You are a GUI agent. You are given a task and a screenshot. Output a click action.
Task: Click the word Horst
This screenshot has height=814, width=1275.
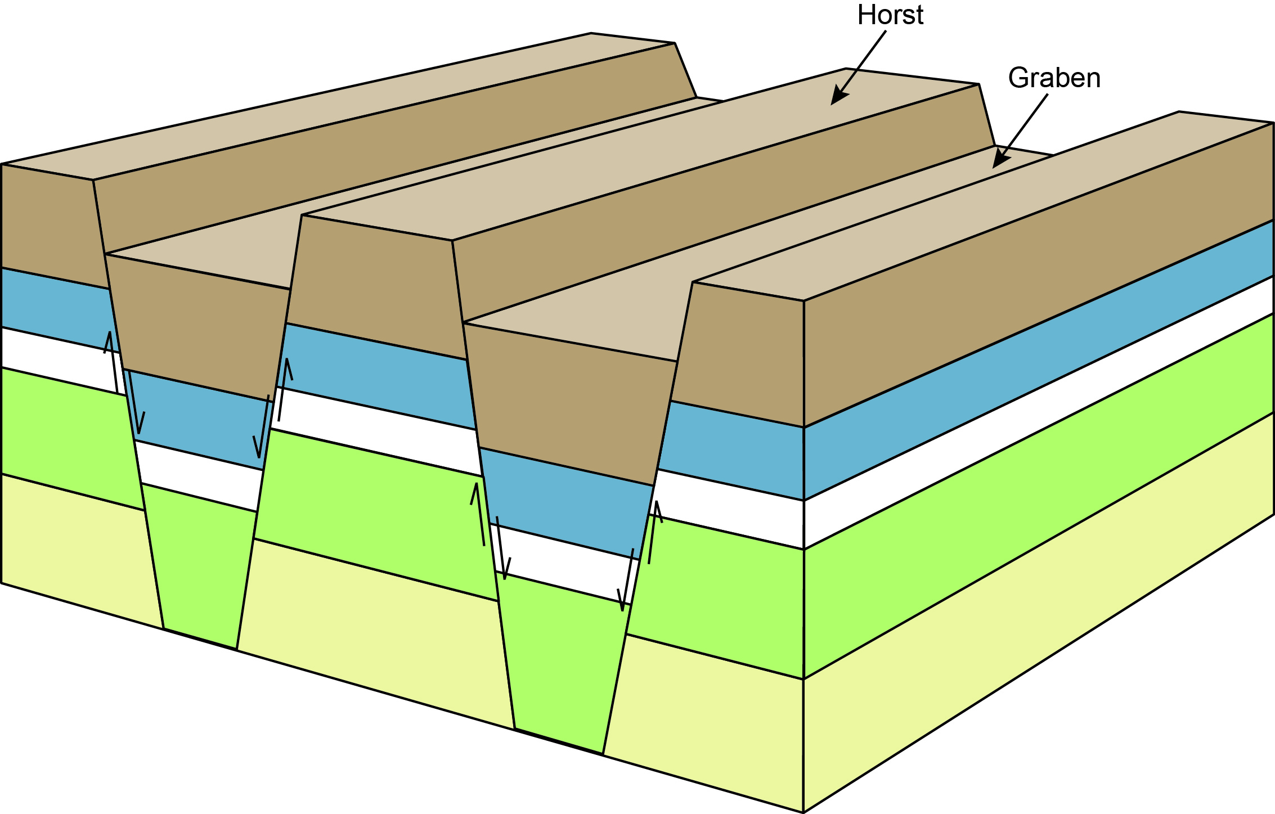click(890, 15)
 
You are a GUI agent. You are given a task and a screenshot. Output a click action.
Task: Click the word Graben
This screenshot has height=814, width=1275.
click(1054, 78)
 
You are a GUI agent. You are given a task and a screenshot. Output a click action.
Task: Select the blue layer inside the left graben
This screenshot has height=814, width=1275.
click(197, 419)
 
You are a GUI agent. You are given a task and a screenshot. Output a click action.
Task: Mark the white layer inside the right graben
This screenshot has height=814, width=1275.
click(563, 563)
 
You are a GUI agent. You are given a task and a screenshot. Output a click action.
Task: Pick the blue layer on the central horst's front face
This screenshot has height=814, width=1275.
click(377, 374)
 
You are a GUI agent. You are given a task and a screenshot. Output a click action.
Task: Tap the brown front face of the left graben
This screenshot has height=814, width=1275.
click(197, 321)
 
